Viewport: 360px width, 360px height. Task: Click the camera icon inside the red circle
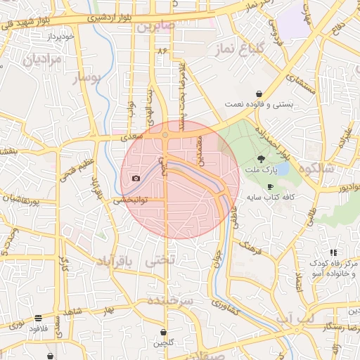coord(136,179)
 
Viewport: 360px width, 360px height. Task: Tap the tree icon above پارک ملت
coord(262,159)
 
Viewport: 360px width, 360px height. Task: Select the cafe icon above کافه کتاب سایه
coord(271,186)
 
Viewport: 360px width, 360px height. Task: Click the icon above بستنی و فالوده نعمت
coord(259,94)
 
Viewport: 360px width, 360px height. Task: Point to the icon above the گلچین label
coord(164,332)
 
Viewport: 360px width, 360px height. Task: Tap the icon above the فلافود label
coord(37,318)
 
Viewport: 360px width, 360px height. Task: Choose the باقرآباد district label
coord(112,262)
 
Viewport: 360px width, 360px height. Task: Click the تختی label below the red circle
coord(159,260)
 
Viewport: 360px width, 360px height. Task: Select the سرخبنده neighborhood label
coord(170,300)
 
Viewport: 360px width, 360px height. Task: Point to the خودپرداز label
coord(58,34)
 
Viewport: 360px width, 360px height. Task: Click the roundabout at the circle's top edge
coord(165,134)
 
